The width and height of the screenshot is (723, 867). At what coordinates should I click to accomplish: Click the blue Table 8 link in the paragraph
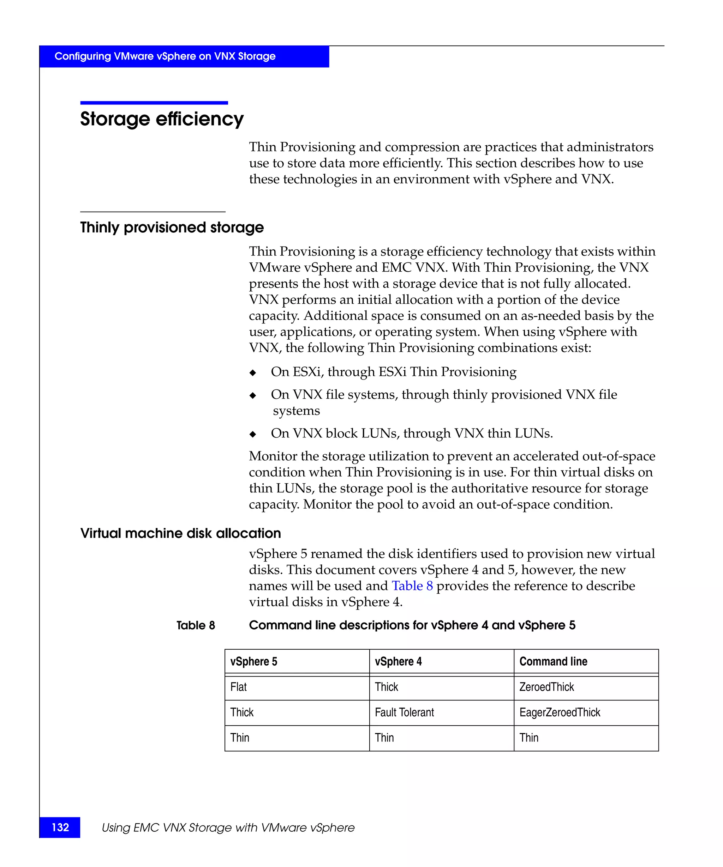pyautogui.click(x=412, y=586)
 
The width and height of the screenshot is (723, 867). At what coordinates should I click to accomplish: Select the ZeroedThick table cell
pyautogui.click(x=546, y=687)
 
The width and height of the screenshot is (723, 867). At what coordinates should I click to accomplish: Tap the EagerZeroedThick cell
pyautogui.click(x=560, y=712)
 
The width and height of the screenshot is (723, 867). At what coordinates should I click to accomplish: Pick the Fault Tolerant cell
pyautogui.click(x=404, y=712)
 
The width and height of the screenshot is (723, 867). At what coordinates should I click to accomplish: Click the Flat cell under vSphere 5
pyautogui.click(x=238, y=687)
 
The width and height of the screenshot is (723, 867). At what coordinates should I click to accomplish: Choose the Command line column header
pyautogui.click(x=553, y=661)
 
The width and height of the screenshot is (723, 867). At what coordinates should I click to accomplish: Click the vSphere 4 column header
pyautogui.click(x=398, y=661)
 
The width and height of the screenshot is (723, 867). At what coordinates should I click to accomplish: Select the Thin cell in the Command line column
pyautogui.click(x=529, y=738)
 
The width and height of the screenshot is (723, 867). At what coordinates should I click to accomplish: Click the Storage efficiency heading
pyautogui.click(x=162, y=119)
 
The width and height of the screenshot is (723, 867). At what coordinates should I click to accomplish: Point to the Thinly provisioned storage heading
pyautogui.click(x=172, y=228)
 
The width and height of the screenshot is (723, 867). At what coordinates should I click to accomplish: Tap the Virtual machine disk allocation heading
pyautogui.click(x=180, y=533)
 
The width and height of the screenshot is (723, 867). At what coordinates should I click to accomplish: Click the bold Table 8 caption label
pyautogui.click(x=196, y=625)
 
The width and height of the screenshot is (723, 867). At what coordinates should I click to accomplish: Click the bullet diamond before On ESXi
pyautogui.click(x=253, y=373)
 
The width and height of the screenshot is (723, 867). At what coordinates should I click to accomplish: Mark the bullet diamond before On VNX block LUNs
pyautogui.click(x=253, y=434)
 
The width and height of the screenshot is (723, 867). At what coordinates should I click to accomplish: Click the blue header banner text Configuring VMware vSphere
pyautogui.click(x=165, y=56)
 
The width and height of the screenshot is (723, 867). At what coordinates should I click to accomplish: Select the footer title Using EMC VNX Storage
pyautogui.click(x=228, y=827)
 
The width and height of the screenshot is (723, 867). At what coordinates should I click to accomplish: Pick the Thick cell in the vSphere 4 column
pyautogui.click(x=386, y=687)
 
